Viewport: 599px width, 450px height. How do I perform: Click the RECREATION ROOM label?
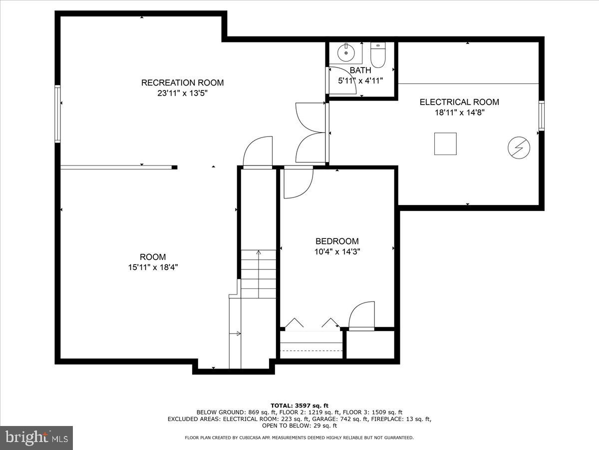(x=182, y=82)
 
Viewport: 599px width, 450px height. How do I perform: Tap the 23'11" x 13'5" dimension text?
(x=182, y=93)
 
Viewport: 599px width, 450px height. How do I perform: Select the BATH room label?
(x=360, y=70)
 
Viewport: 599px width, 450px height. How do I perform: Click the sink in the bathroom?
(x=345, y=51)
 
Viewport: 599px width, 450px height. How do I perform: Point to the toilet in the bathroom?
(x=378, y=55)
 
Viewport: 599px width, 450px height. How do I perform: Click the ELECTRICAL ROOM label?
(x=459, y=102)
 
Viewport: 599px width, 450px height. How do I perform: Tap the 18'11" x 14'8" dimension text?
(x=459, y=112)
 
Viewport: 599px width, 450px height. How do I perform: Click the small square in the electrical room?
(x=445, y=143)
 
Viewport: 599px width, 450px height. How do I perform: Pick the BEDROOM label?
(x=337, y=241)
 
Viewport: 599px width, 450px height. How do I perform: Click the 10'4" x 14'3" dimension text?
(x=337, y=252)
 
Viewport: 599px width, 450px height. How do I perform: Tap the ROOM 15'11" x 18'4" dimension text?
(x=153, y=267)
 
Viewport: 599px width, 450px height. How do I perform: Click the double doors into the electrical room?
(x=310, y=132)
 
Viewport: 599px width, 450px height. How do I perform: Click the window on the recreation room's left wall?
(x=58, y=114)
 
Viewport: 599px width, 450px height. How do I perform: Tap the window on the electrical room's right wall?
(x=541, y=115)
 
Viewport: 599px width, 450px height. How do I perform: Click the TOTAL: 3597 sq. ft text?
(x=299, y=405)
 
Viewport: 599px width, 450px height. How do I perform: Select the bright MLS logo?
(x=36, y=438)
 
